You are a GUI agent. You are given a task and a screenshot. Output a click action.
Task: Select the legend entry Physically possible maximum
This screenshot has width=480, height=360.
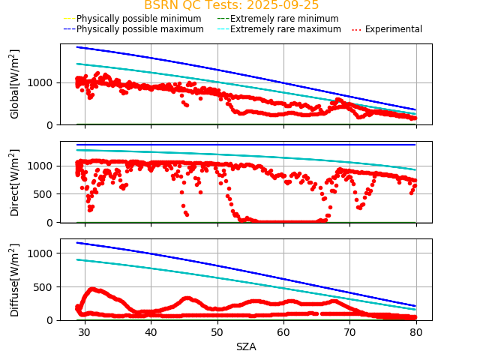point(133,29)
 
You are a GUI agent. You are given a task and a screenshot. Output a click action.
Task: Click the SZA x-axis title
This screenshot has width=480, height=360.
point(246,346)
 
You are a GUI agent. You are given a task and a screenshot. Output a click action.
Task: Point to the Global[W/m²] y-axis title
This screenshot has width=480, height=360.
point(15,84)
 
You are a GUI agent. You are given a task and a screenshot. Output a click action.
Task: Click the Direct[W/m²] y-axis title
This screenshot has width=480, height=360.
point(15,182)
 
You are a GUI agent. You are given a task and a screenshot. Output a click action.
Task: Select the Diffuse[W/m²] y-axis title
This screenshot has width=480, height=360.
point(15,280)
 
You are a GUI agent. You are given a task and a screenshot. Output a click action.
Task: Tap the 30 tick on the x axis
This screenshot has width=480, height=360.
point(84,332)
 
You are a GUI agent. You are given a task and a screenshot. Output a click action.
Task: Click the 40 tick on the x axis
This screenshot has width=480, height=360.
point(151,332)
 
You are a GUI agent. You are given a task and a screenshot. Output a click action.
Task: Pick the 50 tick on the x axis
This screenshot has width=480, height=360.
point(217,332)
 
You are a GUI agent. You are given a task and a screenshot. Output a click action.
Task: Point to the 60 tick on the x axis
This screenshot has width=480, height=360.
point(283,332)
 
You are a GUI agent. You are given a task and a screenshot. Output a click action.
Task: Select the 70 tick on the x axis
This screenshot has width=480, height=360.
point(350,332)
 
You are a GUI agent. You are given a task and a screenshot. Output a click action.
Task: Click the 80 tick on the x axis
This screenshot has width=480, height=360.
point(416,332)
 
